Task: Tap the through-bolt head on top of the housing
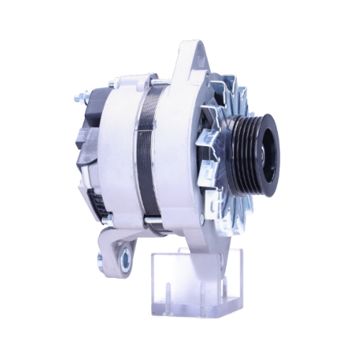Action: click(112, 84)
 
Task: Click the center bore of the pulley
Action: click(269, 151)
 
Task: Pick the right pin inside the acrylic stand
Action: click(224, 292)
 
